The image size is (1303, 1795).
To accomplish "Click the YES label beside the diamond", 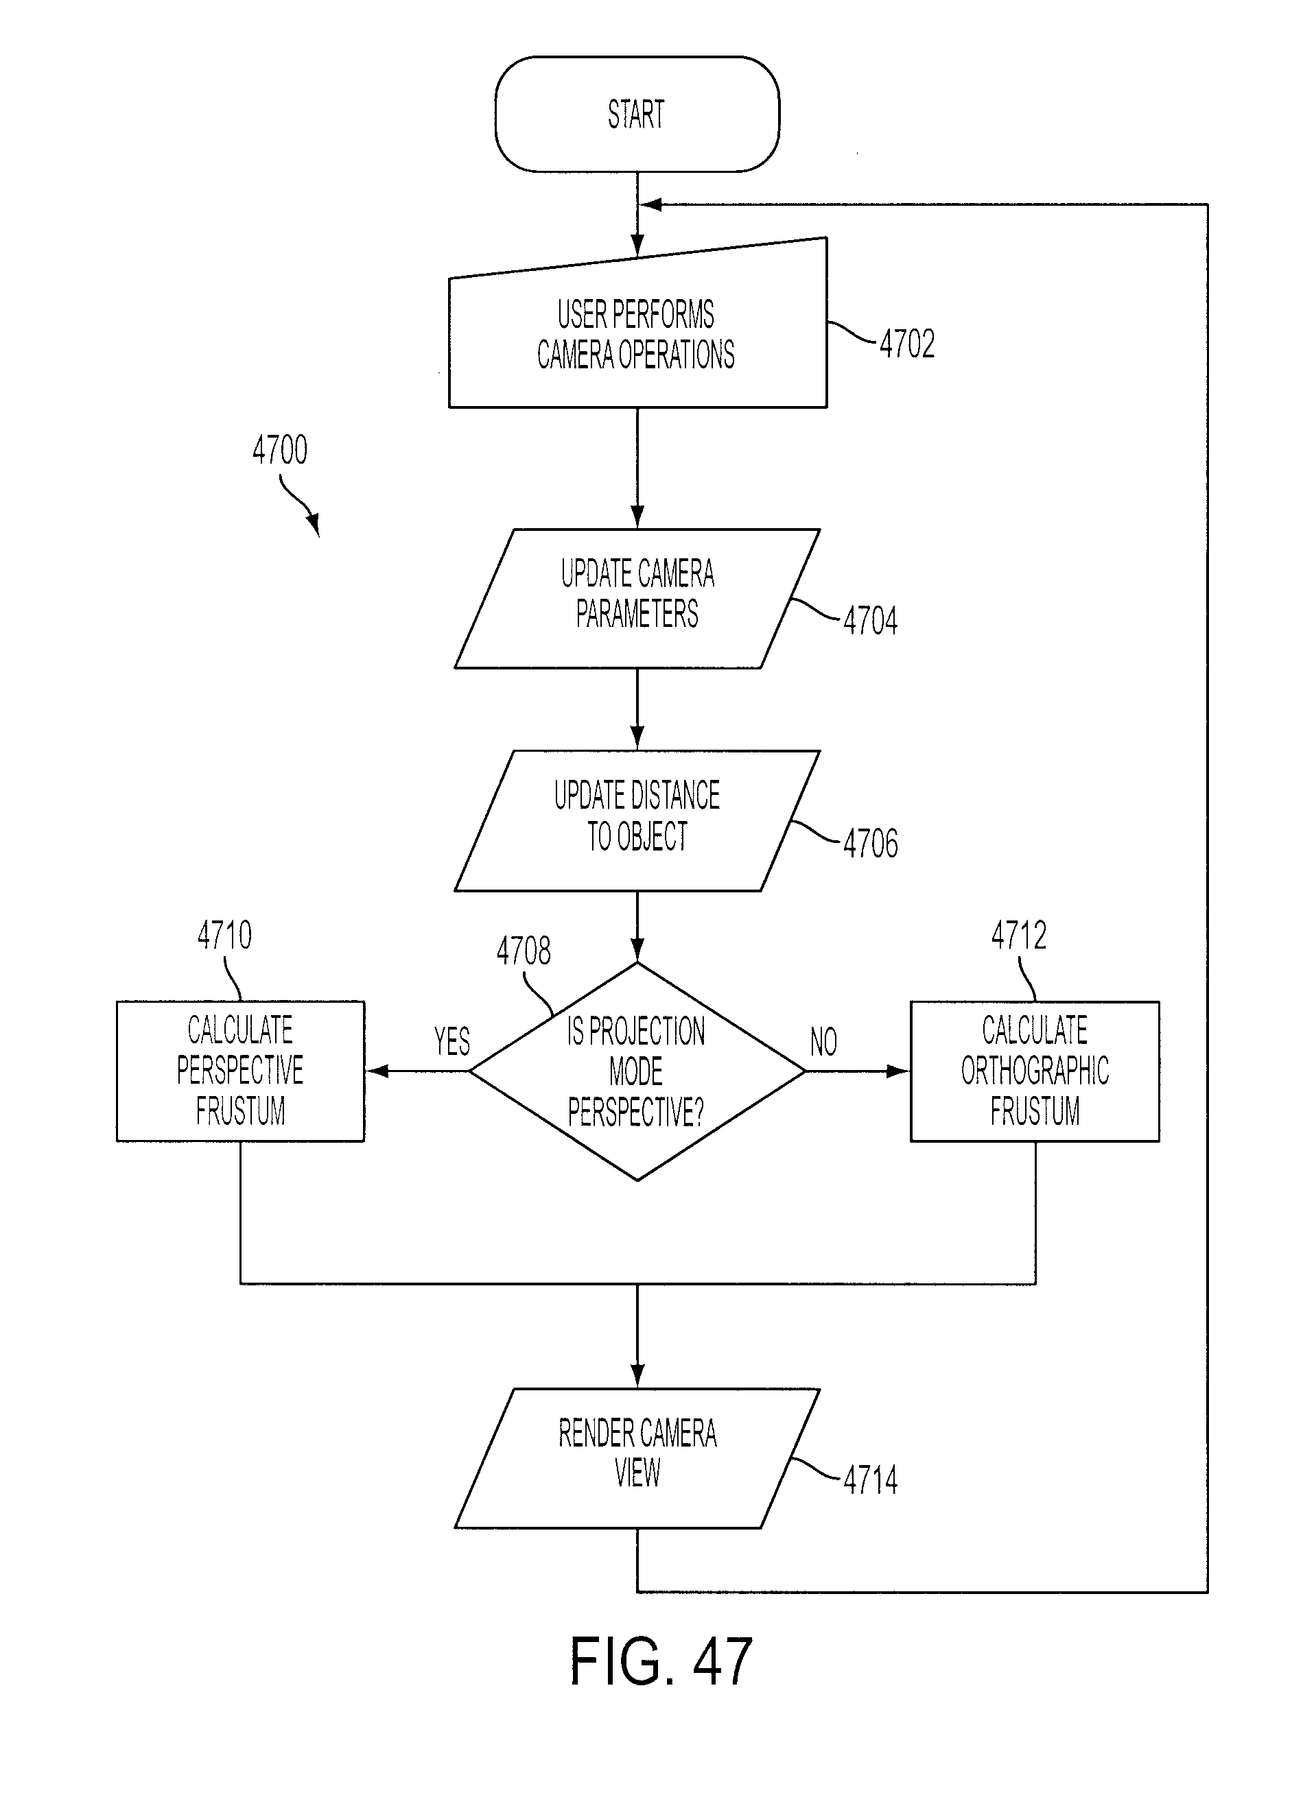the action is [452, 1042].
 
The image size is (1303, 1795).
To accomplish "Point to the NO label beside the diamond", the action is [823, 1042].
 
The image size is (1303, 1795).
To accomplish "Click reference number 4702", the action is [907, 344].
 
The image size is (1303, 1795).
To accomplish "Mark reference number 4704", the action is [870, 621].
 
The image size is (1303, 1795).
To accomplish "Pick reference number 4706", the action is [870, 844].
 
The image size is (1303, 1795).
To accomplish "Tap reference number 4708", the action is [524, 951].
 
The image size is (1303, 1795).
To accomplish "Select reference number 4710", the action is [225, 935].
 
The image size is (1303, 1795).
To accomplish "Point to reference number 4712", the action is [1019, 936].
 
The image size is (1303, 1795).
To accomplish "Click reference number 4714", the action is [870, 1480].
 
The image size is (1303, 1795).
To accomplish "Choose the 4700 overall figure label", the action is [279, 449].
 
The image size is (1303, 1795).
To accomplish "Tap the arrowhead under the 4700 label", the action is [314, 524].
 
